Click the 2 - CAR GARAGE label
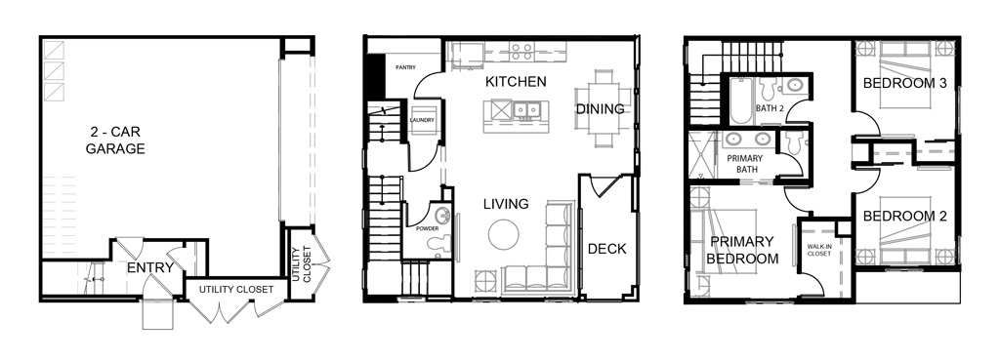point(115,140)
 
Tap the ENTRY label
point(149,268)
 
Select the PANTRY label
point(405,67)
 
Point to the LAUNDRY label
point(422,120)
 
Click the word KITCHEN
point(516,82)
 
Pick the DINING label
point(601,109)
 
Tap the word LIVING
point(506,204)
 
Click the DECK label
point(607,249)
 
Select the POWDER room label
point(428,228)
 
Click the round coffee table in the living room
point(504,234)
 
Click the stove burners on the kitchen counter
point(521,52)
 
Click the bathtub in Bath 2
point(741,100)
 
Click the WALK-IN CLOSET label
point(819,250)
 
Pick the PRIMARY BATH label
point(747,164)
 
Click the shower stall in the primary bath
point(703,155)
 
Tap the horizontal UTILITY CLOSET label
point(236,290)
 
